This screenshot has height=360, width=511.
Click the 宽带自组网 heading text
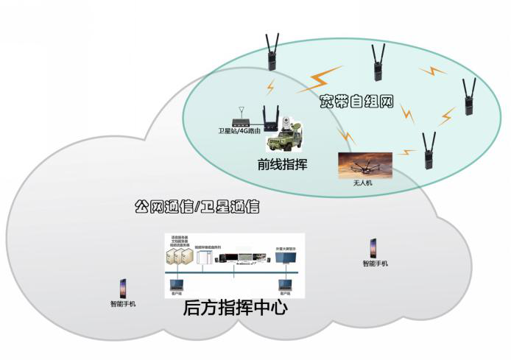point(357,102)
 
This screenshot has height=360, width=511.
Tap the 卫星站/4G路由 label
point(239,131)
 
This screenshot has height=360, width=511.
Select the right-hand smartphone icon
point(374,248)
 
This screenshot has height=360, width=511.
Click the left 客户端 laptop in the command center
point(176,283)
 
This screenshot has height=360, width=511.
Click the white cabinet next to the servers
point(203,257)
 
